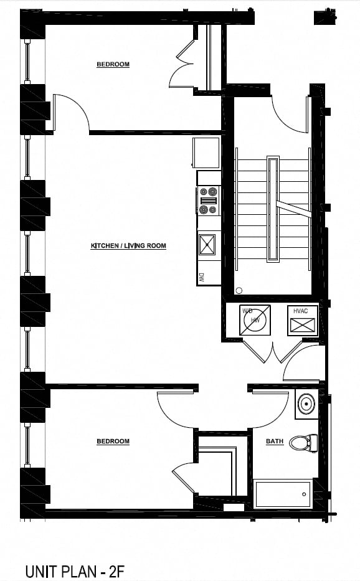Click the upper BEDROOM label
113,65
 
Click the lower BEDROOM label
113,442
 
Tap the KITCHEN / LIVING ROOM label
128,246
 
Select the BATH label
275,442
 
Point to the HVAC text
300,311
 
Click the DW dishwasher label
202,278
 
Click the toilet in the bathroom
303,443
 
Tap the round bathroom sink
306,403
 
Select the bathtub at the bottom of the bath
283,494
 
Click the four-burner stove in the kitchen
208,201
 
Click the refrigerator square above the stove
206,153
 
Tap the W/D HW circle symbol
255,320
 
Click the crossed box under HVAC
303,325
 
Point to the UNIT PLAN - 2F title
75,572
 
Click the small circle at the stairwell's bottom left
239,291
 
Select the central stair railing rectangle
273,209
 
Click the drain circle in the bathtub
304,494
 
